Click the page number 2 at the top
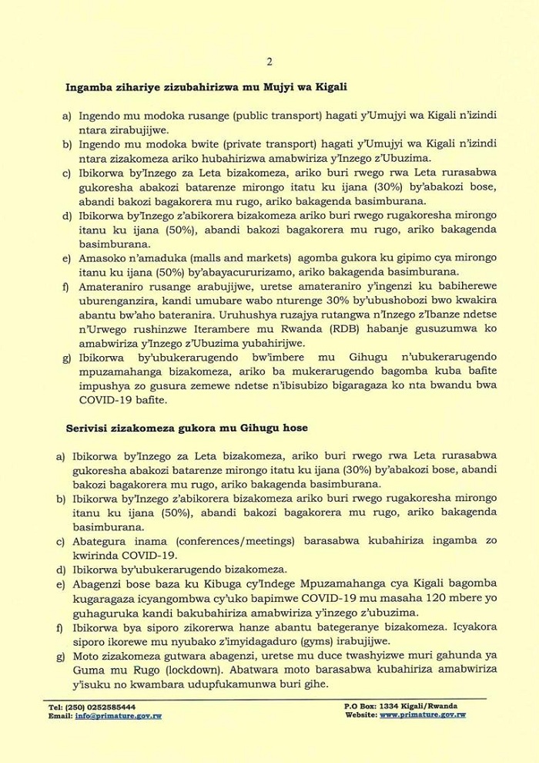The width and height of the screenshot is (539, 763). (x=269, y=62)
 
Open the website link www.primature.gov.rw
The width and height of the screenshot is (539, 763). (x=423, y=715)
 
